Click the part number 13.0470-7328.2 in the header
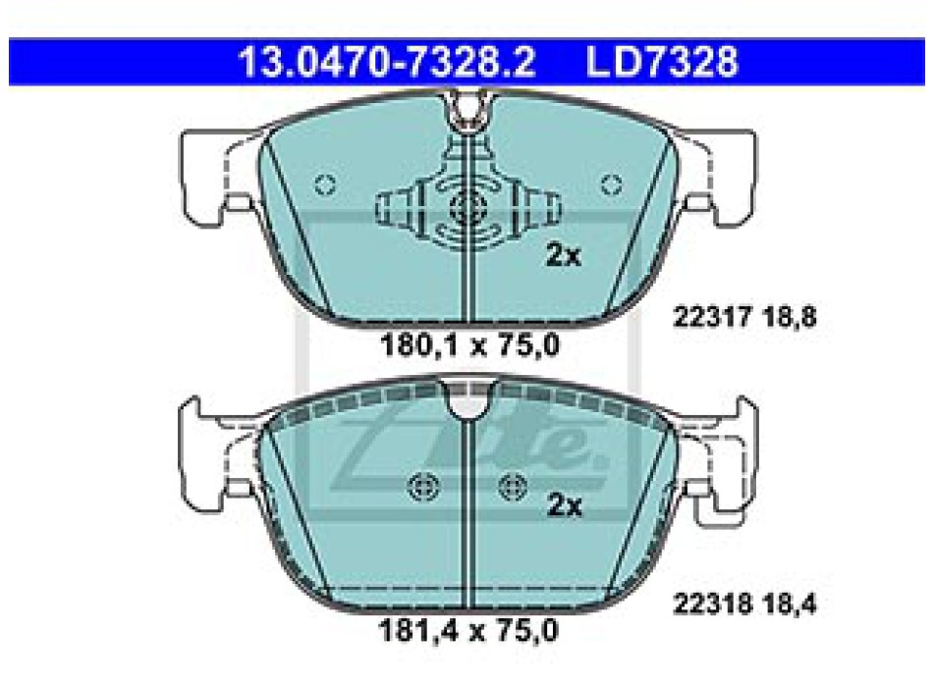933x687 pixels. point(387,62)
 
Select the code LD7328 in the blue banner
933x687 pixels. point(662,62)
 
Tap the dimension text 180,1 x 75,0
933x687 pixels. point(469,345)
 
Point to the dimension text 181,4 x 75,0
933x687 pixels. point(468,630)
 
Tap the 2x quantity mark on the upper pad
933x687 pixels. point(563,255)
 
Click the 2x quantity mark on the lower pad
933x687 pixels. point(564,505)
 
